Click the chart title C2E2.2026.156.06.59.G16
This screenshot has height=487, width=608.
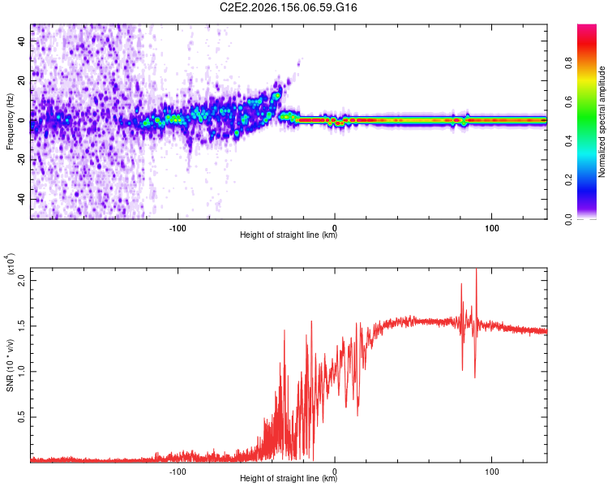pos(288,7)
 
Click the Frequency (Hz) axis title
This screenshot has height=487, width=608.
pos(10,121)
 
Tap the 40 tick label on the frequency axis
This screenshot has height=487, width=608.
pos(21,41)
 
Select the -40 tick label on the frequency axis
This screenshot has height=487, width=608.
pos(21,200)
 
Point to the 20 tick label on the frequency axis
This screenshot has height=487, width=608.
pos(21,81)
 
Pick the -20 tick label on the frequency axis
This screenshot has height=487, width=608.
pos(21,161)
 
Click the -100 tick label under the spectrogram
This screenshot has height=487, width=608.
pos(178,228)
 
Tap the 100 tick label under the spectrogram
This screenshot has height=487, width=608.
pos(492,228)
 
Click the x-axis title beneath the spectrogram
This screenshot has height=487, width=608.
pos(289,235)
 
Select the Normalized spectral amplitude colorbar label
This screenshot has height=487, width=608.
pos(602,121)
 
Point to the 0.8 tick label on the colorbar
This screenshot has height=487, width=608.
pos(568,62)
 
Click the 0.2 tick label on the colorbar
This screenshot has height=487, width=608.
pos(568,180)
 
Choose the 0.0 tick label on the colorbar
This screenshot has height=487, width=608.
pos(568,219)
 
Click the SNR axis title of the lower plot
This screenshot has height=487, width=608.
pos(10,365)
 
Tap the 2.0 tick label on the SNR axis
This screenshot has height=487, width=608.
pos(21,280)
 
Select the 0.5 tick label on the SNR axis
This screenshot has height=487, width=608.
pos(21,417)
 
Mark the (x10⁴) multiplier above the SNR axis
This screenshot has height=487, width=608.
pos(11,265)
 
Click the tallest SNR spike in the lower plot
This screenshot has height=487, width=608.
pos(476,270)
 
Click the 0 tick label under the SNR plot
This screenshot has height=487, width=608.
pos(335,472)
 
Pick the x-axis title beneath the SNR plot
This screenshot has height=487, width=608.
pos(289,478)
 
